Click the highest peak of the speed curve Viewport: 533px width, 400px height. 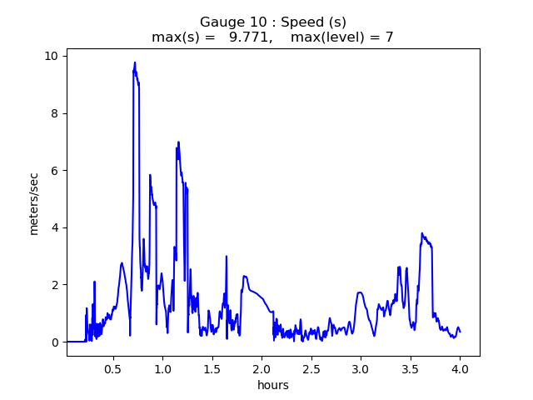(x=135, y=62)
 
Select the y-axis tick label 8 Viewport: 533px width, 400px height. (x=55, y=113)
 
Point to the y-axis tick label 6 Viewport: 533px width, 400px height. (x=55, y=171)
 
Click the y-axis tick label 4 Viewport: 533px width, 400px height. (x=55, y=227)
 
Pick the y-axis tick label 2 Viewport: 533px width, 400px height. (x=55, y=285)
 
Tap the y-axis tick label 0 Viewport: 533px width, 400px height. (x=55, y=342)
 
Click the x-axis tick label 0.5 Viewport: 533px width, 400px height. (x=112, y=367)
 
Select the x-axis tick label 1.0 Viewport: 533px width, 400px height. (x=162, y=367)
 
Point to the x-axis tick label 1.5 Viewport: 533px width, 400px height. (x=212, y=367)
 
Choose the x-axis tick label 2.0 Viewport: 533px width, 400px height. (x=262, y=367)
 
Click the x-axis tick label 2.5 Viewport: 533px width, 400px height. (x=311, y=367)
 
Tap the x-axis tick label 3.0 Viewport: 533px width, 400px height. (x=361, y=367)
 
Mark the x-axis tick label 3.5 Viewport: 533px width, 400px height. (x=410, y=367)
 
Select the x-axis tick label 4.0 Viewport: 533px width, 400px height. (x=460, y=367)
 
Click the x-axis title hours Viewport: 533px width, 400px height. (x=273, y=384)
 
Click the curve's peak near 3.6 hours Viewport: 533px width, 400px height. (x=422, y=233)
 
